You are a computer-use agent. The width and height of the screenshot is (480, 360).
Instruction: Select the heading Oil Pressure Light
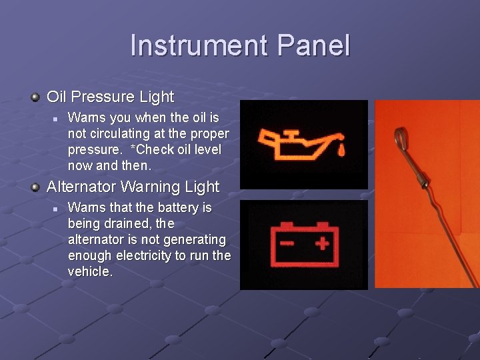tap(110, 97)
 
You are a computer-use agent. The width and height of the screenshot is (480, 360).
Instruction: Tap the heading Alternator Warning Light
tap(133, 187)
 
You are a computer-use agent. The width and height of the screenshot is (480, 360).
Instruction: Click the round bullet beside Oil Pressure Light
tap(35, 97)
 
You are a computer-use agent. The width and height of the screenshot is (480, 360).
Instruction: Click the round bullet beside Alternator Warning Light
tap(35, 187)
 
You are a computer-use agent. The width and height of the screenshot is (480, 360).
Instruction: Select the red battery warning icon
tap(303, 243)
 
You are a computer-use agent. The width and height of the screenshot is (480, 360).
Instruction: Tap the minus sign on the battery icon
tap(287, 243)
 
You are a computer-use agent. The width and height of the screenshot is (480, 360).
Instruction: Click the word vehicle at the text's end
tap(89, 272)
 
